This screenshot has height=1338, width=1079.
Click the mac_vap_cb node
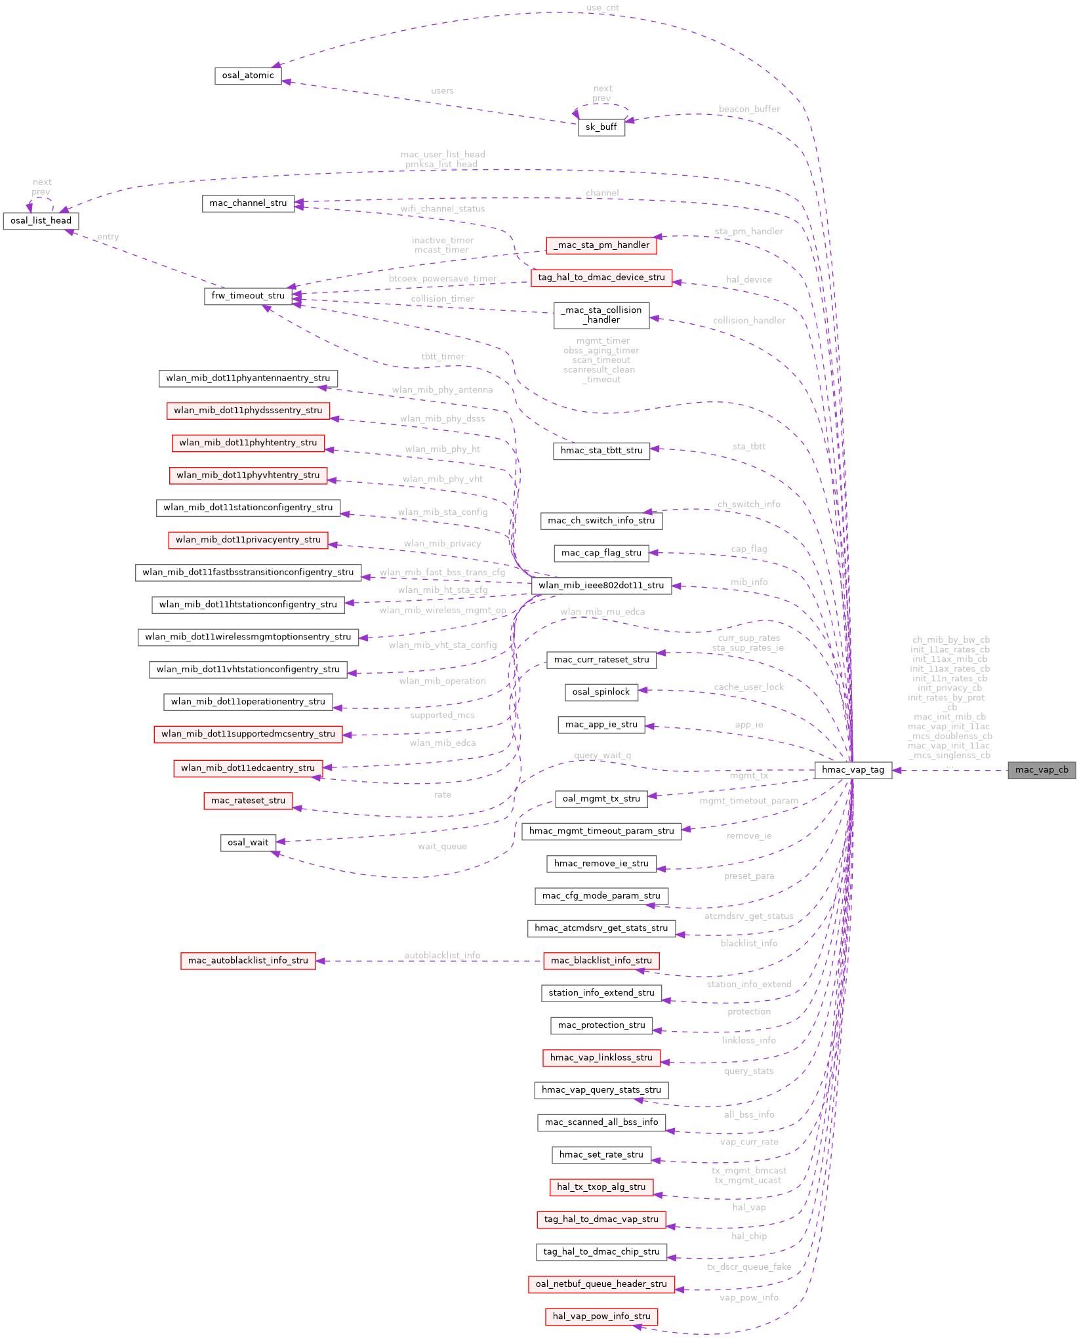[x=1042, y=770]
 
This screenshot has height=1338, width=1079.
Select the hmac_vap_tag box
[x=853, y=770]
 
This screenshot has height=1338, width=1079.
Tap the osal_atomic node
[x=248, y=75]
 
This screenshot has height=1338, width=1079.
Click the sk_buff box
[x=601, y=127]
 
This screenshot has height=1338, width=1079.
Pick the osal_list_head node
[x=41, y=221]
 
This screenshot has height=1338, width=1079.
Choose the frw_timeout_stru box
[x=248, y=296]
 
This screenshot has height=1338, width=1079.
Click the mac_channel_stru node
[x=248, y=203]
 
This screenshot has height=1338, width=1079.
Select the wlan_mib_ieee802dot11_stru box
[x=601, y=585]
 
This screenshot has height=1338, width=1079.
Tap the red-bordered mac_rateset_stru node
[x=248, y=801]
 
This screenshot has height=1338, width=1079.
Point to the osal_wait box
[x=248, y=843]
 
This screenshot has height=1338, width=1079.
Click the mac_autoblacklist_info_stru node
[x=248, y=961]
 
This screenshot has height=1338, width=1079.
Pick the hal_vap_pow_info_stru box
[x=601, y=1316]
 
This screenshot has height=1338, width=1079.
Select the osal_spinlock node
[x=601, y=692]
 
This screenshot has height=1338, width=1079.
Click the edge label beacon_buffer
[x=749, y=109]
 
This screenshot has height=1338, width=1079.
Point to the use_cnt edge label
[x=602, y=8]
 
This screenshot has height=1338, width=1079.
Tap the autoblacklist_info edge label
[x=442, y=956]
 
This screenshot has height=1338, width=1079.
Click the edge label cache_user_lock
[x=748, y=687]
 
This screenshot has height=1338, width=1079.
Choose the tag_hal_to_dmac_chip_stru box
[x=601, y=1252]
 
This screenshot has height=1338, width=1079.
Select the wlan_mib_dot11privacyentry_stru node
[x=248, y=540]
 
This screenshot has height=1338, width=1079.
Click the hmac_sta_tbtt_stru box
[x=601, y=451]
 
